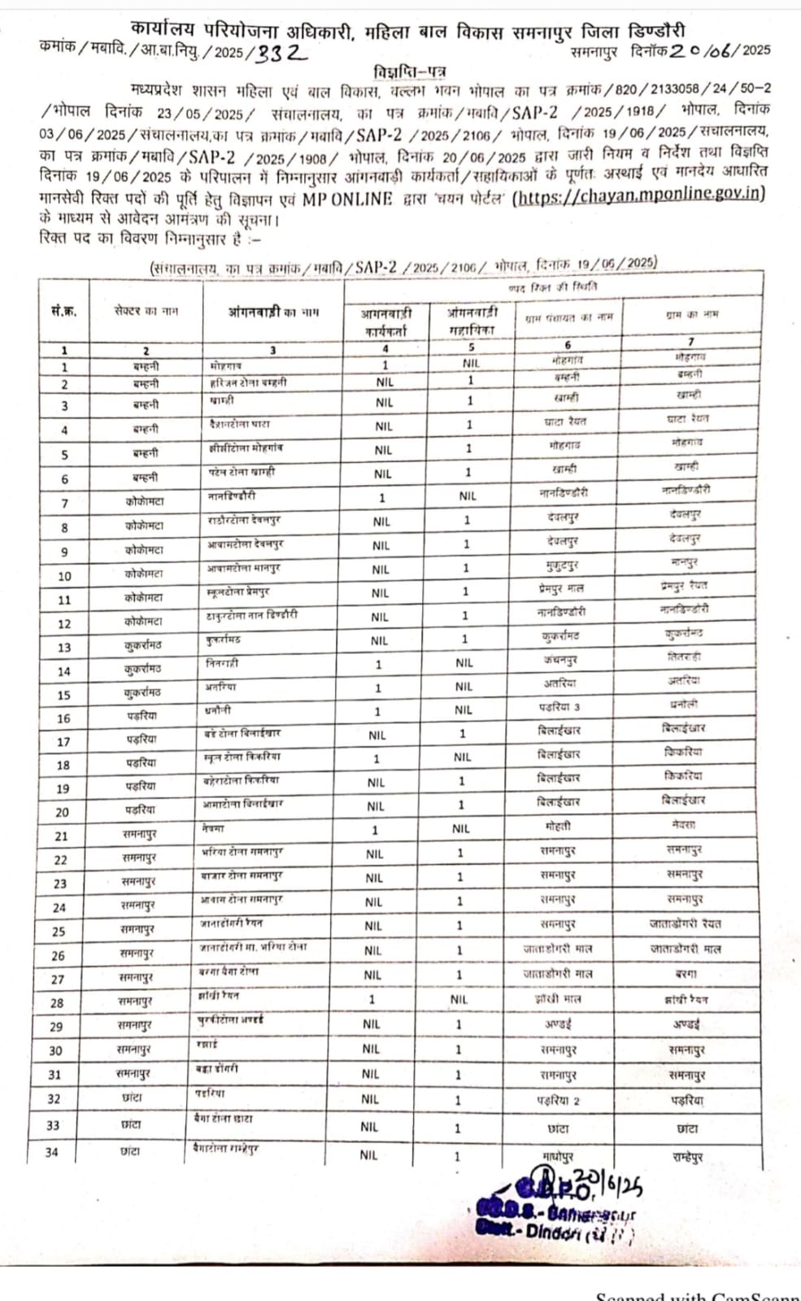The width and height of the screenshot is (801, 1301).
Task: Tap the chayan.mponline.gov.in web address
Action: click(640, 194)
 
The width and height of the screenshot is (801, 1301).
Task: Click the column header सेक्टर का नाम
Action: click(146, 311)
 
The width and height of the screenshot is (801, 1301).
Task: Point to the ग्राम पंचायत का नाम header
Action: click(569, 317)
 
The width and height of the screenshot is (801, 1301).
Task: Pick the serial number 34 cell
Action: click(53, 1152)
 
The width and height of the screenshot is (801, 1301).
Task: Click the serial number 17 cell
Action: click(63, 742)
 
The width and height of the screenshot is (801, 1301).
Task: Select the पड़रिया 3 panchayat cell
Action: click(559, 707)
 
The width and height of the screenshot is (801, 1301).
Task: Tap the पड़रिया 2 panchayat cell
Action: click(558, 1100)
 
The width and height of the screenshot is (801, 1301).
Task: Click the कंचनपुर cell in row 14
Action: click(560, 660)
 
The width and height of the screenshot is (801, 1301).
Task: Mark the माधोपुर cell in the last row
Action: click(559, 1156)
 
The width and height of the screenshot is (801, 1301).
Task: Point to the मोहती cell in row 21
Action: click(559, 826)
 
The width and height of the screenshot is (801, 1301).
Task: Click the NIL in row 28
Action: click(459, 999)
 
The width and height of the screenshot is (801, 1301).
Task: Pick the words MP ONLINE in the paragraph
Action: click(347, 199)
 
